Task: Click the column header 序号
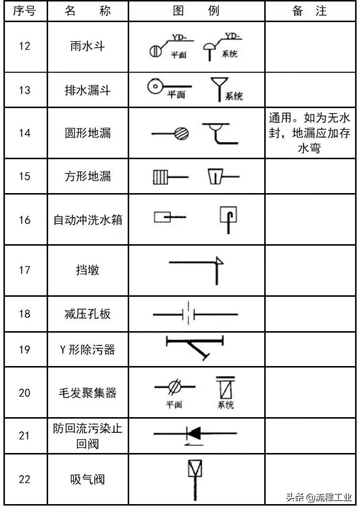click(x=24, y=11)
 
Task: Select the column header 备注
click(x=309, y=11)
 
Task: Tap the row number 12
click(x=24, y=46)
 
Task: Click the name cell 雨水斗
click(x=87, y=46)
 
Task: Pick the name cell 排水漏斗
click(x=87, y=90)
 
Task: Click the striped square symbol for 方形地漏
click(x=160, y=176)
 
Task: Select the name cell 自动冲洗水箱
click(x=87, y=220)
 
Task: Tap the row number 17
click(x=24, y=270)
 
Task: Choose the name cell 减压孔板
click(x=87, y=314)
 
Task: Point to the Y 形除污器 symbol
click(x=195, y=346)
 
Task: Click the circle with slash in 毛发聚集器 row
click(x=173, y=387)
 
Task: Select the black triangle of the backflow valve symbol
click(x=194, y=433)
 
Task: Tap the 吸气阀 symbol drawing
click(x=195, y=477)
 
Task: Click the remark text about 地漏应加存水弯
click(x=309, y=133)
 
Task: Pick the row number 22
click(x=24, y=479)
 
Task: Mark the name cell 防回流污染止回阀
click(x=87, y=435)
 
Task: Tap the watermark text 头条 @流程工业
click(x=319, y=497)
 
